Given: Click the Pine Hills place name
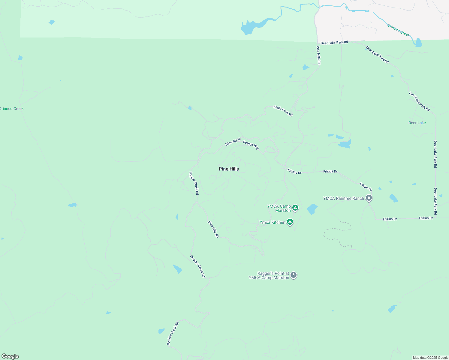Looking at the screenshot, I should tap(229, 169).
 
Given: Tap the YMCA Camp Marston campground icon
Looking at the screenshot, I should tap(295, 208).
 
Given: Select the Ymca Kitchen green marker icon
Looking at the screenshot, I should tap(290, 222).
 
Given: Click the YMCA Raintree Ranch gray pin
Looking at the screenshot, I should tap(369, 198).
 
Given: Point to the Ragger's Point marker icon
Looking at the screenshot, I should tap(294, 275).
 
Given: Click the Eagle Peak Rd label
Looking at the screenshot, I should tap(283, 111).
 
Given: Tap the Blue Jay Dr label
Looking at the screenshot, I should tap(233, 142).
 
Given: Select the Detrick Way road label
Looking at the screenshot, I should tap(251, 145).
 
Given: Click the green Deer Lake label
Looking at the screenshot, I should tap(417, 123).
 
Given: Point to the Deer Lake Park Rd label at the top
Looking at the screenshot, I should tap(334, 43).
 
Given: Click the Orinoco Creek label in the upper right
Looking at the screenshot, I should tap(398, 30).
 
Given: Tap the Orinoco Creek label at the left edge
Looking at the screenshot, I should tap(12, 109).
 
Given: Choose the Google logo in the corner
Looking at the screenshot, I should tap(10, 356).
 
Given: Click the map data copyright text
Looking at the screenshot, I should tap(430, 358).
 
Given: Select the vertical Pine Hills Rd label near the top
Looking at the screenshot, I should tap(318, 55).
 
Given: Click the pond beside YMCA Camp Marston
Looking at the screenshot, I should tap(312, 209).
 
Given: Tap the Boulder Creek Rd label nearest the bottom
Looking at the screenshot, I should tap(173, 333).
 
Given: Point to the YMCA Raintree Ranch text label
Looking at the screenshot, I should tap(343, 198).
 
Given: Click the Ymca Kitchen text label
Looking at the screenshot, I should tap(272, 222).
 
